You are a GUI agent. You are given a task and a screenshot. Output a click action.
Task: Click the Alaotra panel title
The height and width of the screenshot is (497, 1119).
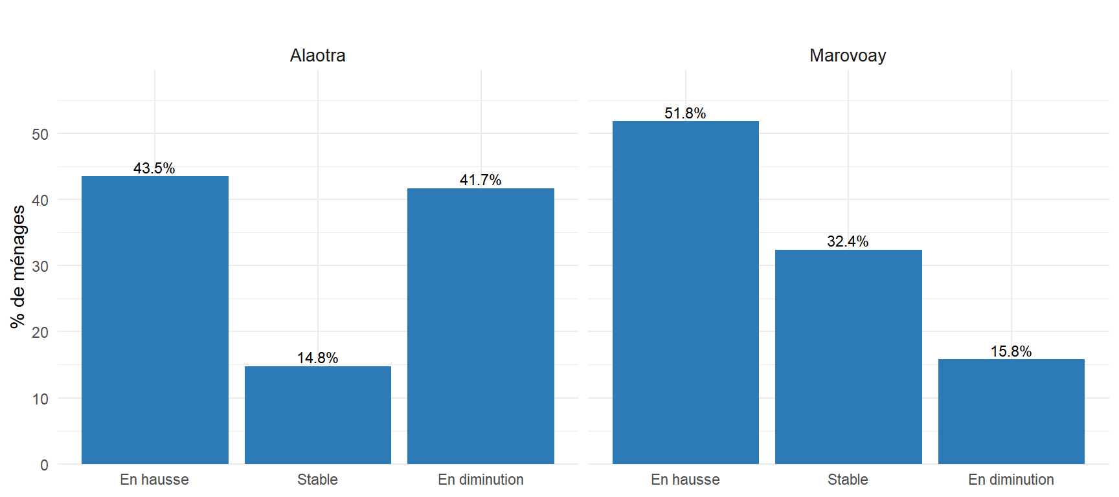(x=317, y=56)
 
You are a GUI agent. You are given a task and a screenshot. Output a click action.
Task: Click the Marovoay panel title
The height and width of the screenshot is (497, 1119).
(x=848, y=56)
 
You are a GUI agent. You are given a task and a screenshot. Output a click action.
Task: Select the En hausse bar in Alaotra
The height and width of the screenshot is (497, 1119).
(x=155, y=320)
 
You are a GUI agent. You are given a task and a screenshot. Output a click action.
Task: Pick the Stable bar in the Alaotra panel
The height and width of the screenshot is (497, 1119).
(x=318, y=415)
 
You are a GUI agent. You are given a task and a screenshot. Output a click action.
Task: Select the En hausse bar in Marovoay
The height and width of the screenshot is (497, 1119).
(x=686, y=293)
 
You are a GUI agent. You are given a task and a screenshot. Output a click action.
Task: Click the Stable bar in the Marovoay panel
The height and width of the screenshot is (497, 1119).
(x=848, y=357)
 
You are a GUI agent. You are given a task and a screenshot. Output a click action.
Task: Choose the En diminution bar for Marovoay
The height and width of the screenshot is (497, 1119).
(x=1012, y=412)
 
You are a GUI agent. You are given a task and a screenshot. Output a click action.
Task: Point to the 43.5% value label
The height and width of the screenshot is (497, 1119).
(x=154, y=168)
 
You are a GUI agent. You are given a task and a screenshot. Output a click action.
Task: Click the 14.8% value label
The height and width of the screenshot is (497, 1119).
(x=317, y=358)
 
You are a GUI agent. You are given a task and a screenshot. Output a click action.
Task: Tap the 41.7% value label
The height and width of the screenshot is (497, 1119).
(x=480, y=180)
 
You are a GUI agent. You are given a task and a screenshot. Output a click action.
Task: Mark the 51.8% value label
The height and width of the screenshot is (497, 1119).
(x=685, y=113)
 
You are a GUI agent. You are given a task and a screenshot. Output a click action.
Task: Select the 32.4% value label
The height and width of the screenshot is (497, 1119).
(x=848, y=241)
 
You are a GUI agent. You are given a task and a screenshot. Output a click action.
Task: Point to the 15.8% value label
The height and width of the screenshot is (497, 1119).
(x=1011, y=351)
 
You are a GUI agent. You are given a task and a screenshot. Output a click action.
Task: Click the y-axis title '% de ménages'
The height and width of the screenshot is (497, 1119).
(x=18, y=267)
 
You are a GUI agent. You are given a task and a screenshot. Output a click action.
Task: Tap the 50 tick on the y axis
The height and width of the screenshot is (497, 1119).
(x=40, y=135)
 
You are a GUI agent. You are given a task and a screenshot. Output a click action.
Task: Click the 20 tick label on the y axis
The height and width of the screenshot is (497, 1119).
(x=40, y=333)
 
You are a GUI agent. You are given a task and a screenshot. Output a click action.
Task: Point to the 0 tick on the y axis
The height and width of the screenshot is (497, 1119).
(x=44, y=465)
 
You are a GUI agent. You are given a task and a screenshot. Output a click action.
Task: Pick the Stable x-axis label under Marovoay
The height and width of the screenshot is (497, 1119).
(x=848, y=480)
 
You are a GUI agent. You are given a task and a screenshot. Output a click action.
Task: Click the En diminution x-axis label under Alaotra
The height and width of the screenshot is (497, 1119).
(x=480, y=480)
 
